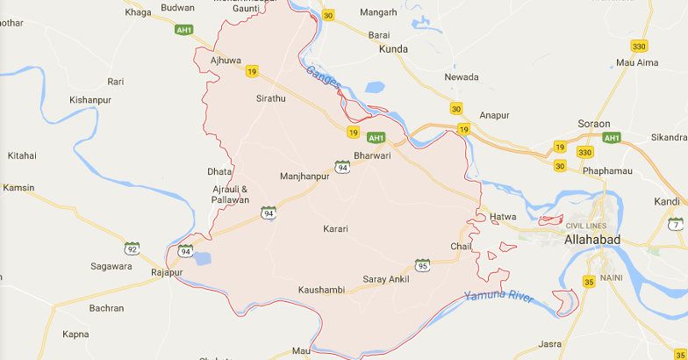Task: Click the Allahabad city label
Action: tap(592, 240)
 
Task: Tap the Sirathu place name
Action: tap(270, 98)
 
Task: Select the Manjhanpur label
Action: tap(304, 176)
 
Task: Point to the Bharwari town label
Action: tap(370, 155)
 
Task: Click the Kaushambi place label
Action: tap(320, 290)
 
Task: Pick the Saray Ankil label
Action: tap(386, 279)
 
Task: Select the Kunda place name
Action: tap(393, 49)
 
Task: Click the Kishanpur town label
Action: tap(92, 101)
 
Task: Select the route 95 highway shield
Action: tap(422, 264)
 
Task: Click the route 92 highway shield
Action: tap(132, 248)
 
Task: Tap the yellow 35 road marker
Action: tap(589, 282)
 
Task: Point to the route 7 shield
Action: tap(674, 224)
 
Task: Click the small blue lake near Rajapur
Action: tap(202, 258)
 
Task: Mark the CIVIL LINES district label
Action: tap(587, 226)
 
